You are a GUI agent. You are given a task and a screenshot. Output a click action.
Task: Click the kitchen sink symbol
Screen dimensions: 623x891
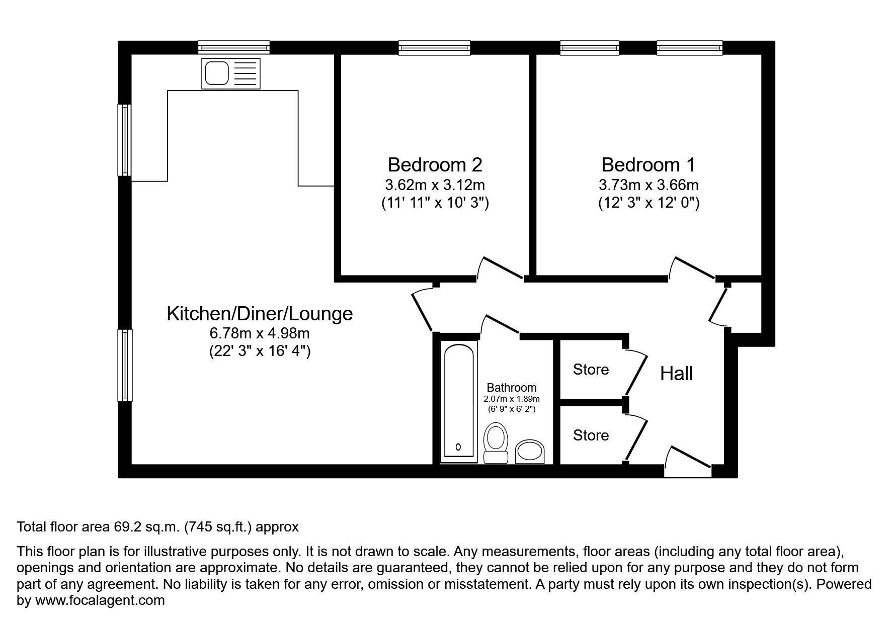pos(231,73)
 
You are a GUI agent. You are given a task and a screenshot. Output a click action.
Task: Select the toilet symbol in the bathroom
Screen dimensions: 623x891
pos(496,442)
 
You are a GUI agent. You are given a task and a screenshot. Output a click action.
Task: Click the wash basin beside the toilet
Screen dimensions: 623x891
pos(529,451)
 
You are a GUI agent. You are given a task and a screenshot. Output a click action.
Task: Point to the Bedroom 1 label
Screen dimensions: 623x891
pos(648,165)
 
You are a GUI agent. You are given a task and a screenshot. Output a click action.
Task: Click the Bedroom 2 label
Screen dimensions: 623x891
pos(435,165)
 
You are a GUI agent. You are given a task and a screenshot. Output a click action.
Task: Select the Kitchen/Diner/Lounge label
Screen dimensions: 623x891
pos(260,314)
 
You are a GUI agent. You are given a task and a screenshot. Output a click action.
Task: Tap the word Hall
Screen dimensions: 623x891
pos(676,374)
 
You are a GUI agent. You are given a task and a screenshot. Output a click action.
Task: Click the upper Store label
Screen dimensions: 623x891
pos(591,370)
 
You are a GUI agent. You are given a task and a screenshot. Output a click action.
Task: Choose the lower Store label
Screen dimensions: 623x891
pos(591,435)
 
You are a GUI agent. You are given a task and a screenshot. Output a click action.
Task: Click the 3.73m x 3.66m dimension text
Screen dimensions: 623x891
pos(648,185)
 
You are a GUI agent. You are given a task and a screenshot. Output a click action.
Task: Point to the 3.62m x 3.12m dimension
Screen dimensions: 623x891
pos(435,185)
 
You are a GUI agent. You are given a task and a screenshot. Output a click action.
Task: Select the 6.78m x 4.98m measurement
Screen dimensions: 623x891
pos(260,333)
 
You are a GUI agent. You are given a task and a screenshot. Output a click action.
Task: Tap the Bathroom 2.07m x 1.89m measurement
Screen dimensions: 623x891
pos(511,399)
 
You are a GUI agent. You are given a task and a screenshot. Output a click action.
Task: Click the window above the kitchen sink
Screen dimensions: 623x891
pos(233,48)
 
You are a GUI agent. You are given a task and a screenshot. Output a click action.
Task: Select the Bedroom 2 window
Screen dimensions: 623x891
pos(435,48)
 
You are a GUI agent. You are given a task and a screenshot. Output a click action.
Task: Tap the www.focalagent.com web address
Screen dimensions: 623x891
pos(100,600)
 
